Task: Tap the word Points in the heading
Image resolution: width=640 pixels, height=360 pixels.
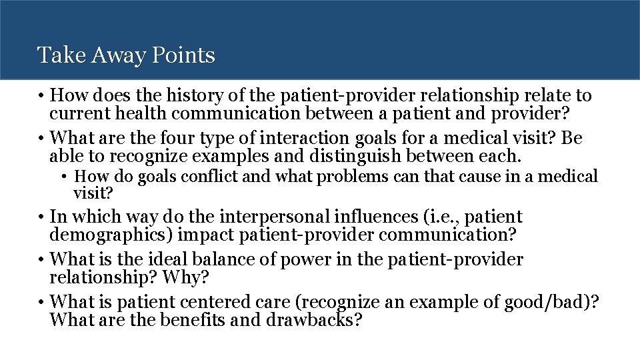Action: pyautogui.click(x=183, y=55)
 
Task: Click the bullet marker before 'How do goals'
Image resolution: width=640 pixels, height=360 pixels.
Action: pyautogui.click(x=67, y=177)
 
